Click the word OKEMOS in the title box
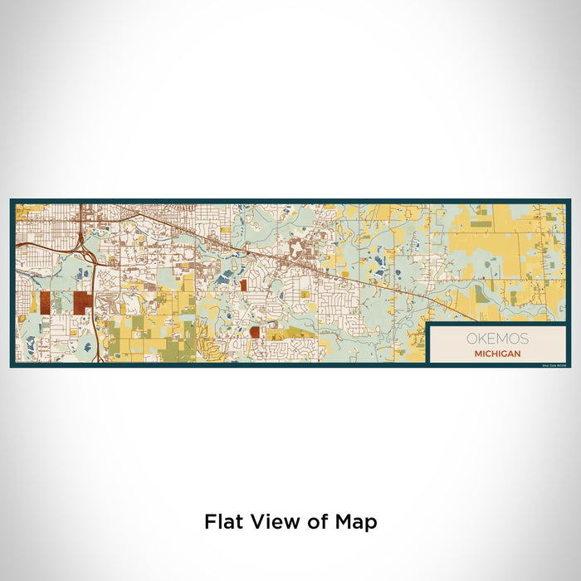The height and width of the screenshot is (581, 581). tap(497, 339)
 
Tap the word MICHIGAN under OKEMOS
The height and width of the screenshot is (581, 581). tap(498, 353)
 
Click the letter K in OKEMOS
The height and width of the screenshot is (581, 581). tap(479, 339)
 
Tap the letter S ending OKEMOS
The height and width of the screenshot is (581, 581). tap(523, 339)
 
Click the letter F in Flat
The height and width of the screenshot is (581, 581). tap(209, 522)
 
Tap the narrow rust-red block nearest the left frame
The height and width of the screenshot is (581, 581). tap(45, 301)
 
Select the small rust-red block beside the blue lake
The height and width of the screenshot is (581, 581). tap(243, 285)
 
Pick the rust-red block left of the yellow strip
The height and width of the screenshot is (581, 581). tap(255, 332)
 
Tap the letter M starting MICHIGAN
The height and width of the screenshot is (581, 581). tap(477, 353)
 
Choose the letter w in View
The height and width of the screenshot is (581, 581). tap(287, 522)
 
